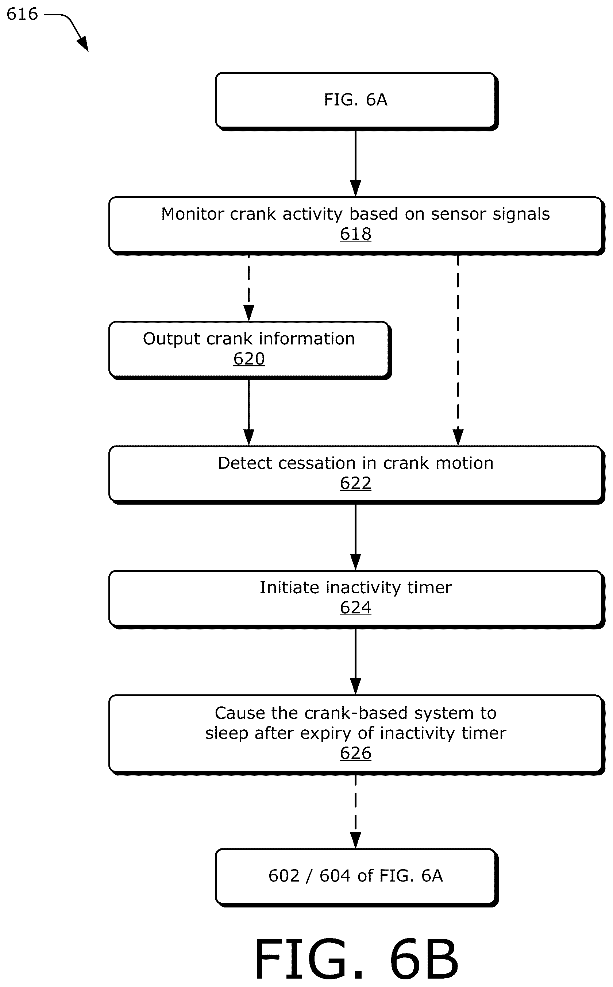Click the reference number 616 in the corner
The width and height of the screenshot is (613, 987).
(22, 14)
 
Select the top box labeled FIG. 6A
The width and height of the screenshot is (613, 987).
(356, 101)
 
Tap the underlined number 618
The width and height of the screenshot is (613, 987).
(355, 234)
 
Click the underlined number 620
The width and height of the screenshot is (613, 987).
(249, 359)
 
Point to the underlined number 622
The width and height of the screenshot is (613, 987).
(355, 483)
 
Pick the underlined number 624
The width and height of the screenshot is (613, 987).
(355, 608)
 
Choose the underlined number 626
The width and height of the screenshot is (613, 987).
(355, 753)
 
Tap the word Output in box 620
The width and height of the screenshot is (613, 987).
(171, 339)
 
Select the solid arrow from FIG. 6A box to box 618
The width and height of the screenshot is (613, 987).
(355, 164)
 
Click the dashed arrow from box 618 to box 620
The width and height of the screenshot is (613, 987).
(249, 288)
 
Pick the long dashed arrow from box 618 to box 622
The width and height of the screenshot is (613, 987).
(458, 351)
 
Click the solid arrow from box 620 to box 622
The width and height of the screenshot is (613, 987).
(249, 413)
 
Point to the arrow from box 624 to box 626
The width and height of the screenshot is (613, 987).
(355, 662)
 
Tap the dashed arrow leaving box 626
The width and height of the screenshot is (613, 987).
(355, 812)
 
